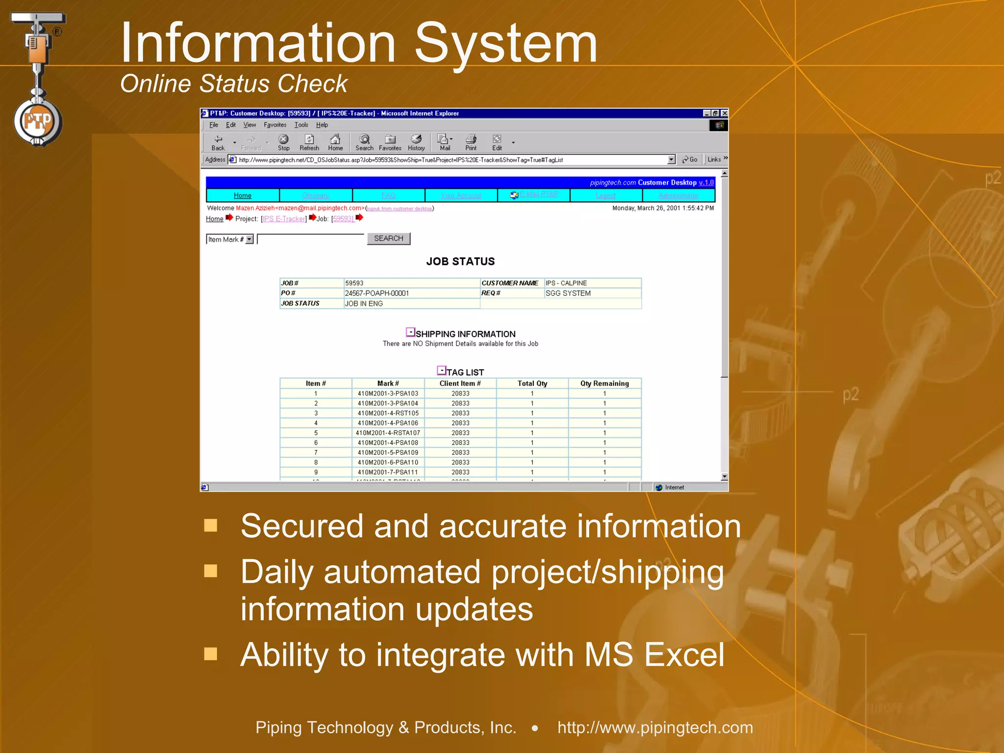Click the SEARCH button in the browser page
pyautogui.click(x=388, y=238)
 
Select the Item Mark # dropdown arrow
pyautogui.click(x=250, y=239)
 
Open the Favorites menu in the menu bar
pyautogui.click(x=275, y=125)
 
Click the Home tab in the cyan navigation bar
pyautogui.click(x=242, y=195)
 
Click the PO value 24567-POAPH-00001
pyautogui.click(x=376, y=293)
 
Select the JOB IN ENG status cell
pyautogui.click(x=364, y=303)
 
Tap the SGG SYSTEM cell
pyautogui.click(x=568, y=293)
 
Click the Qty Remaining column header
pyautogui.click(x=604, y=383)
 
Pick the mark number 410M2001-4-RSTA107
pyautogui.click(x=388, y=433)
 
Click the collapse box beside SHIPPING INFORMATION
pyautogui.click(x=410, y=332)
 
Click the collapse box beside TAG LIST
pyautogui.click(x=441, y=371)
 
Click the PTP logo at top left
pyautogui.click(x=38, y=121)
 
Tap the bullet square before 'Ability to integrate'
pyautogui.click(x=211, y=654)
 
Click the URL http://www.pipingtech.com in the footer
pyautogui.click(x=655, y=728)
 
